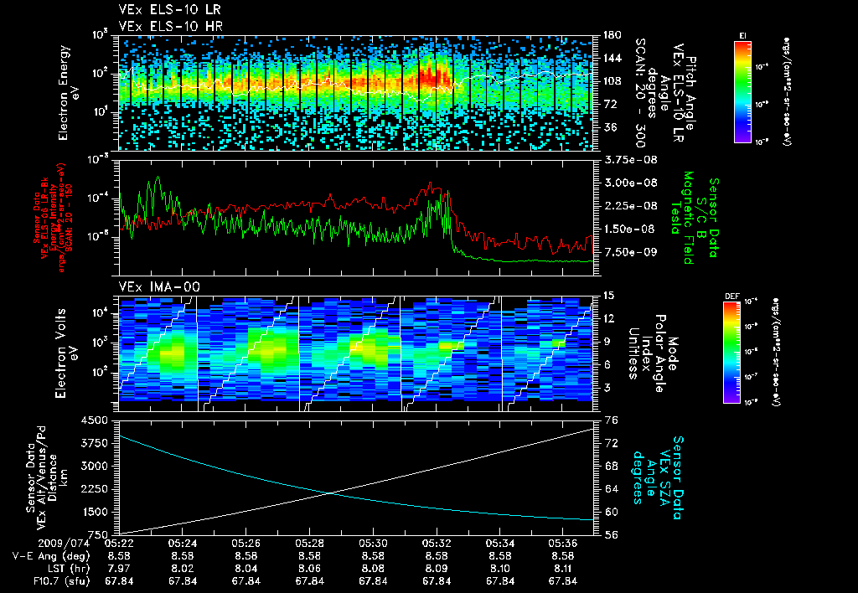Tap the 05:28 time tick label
(x=310, y=544)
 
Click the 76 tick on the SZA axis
(x=611, y=420)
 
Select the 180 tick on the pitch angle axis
(x=611, y=35)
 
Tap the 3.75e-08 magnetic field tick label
(x=628, y=159)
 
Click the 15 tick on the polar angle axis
(x=609, y=295)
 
